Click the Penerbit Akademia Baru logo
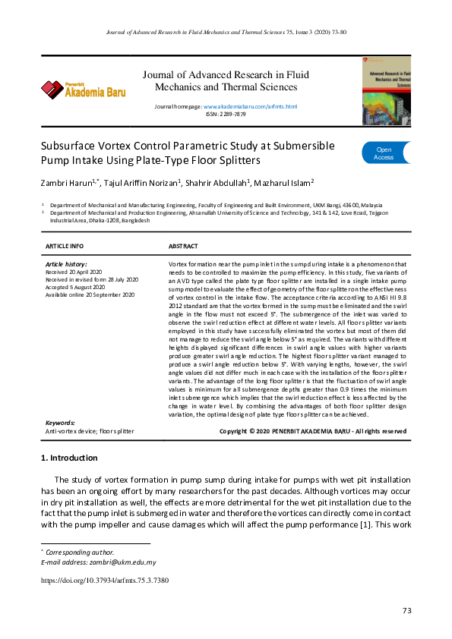tap(83, 90)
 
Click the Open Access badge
tap(384, 153)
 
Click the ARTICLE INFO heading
tap(65, 247)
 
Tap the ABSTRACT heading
tap(183, 247)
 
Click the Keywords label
tap(61, 423)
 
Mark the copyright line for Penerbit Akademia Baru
tap(312, 431)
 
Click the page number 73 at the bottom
tap(407, 611)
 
